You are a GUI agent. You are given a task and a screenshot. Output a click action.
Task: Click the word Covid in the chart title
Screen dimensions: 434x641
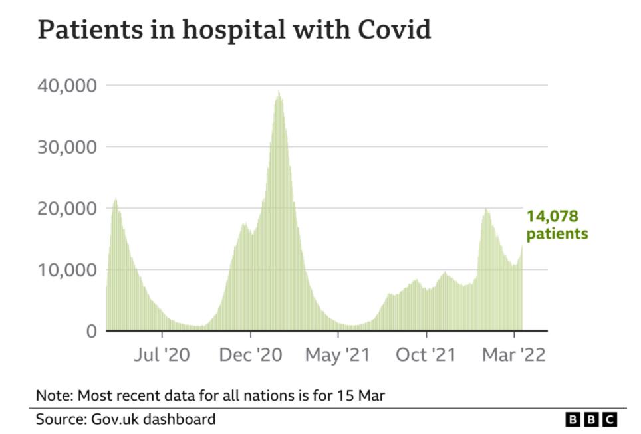point(395,30)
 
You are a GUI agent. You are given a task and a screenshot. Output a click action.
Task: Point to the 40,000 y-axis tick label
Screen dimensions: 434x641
point(68,86)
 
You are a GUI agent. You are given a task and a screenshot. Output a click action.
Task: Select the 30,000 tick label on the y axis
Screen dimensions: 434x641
point(68,147)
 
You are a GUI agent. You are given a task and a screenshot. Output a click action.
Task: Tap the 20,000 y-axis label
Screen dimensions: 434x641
point(68,209)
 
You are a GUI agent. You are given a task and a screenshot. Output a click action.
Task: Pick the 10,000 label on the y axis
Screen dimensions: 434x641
point(68,270)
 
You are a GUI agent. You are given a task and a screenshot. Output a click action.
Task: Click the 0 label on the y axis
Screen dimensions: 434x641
point(92,331)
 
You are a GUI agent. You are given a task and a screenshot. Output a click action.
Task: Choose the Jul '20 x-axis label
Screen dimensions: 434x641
point(162,355)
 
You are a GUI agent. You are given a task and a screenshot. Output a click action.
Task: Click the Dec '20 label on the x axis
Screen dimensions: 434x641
point(251,355)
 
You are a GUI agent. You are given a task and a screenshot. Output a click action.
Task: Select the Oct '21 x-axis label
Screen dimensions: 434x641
point(426,355)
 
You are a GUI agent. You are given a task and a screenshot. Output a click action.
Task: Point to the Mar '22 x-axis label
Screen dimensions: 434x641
point(514,355)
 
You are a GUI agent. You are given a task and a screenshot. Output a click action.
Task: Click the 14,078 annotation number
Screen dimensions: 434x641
point(553,217)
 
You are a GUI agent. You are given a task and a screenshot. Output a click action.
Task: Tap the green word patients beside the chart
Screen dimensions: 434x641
point(557,234)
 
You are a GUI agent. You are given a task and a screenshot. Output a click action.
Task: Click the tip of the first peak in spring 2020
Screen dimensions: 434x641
point(116,199)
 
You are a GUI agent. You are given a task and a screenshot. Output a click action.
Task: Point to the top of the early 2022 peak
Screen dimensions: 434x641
point(486,209)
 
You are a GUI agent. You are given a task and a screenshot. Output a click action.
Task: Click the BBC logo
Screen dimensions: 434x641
point(591,420)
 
